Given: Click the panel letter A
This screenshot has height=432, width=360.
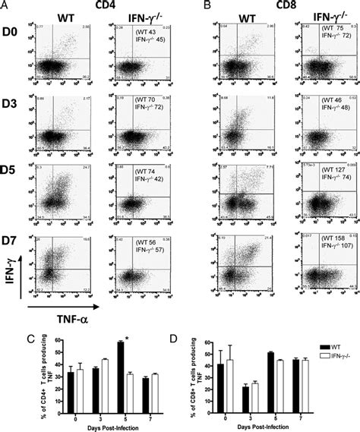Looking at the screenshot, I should pyautogui.click(x=5, y=6).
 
